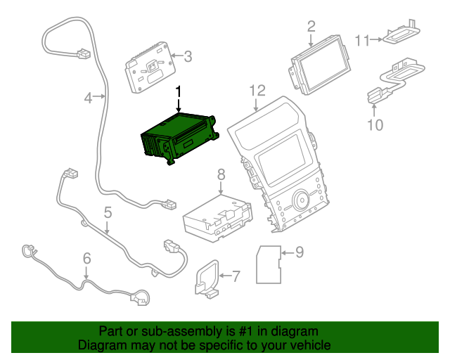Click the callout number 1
point(179,91)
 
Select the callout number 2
point(311,27)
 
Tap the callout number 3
point(187,56)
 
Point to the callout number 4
point(88,98)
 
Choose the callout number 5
point(108,212)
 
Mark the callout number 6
point(86,259)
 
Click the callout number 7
point(235,276)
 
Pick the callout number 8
point(221,174)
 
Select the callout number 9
point(299,251)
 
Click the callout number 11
point(361,41)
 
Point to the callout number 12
point(257,90)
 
